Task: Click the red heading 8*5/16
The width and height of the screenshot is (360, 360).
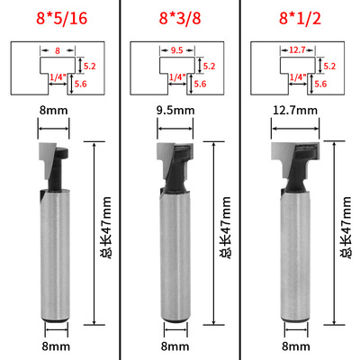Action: (x=62, y=18)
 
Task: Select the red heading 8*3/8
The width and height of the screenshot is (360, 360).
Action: (x=180, y=18)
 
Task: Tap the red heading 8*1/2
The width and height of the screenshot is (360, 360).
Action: (x=300, y=18)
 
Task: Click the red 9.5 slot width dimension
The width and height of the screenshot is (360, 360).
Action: (x=177, y=50)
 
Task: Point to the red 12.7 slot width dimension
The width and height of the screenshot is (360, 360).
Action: (x=297, y=49)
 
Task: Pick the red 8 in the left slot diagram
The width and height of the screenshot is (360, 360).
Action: (x=58, y=50)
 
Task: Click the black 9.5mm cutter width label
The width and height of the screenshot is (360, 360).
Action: (x=175, y=111)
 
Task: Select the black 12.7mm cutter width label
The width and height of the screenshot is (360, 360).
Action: (x=295, y=111)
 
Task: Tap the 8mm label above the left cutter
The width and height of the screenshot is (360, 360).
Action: (x=54, y=111)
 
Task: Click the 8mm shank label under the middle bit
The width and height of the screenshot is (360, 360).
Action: (x=175, y=346)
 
